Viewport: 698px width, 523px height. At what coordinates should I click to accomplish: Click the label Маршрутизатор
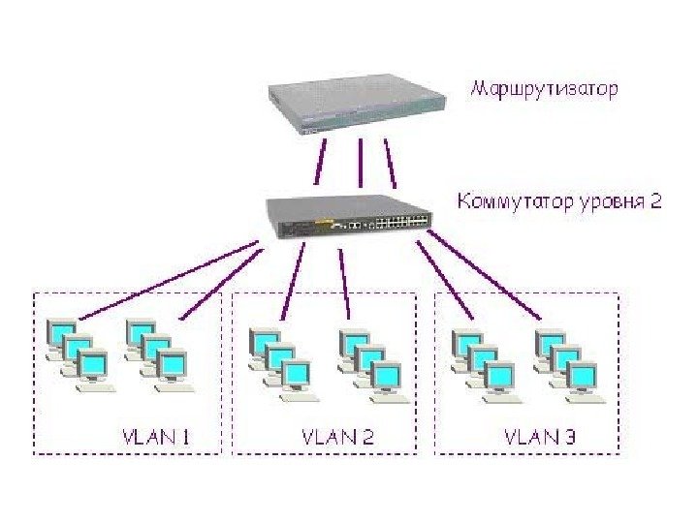pyautogui.click(x=544, y=90)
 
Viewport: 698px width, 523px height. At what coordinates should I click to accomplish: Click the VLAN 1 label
pyautogui.click(x=155, y=436)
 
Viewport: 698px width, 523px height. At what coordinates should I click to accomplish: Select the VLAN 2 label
pyautogui.click(x=338, y=436)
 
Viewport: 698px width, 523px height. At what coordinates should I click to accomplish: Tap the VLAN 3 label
pyautogui.click(x=540, y=436)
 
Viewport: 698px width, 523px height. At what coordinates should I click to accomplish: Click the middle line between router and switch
pyautogui.click(x=360, y=162)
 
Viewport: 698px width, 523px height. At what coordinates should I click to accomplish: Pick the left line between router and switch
pyautogui.click(x=321, y=162)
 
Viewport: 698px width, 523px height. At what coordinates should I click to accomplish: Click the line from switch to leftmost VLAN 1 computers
pyautogui.click(x=170, y=281)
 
